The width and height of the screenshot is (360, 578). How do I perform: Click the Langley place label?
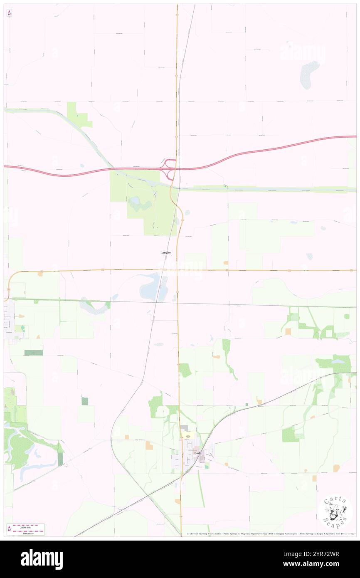click(x=165, y=252)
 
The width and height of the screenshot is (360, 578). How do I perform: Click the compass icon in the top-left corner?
click(x=9, y=12)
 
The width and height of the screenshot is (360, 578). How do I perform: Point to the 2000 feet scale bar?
click(x=28, y=526)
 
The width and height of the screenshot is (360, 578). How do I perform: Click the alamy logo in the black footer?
click(x=42, y=559)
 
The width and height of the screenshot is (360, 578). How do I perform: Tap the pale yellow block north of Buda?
click(x=187, y=435)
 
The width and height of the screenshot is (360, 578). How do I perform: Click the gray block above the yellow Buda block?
click(x=184, y=428)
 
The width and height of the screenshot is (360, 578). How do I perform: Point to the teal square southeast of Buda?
click(x=207, y=467)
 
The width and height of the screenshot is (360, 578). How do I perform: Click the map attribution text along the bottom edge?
click(x=270, y=534)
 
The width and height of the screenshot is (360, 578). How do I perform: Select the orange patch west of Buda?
click(x=149, y=445)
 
